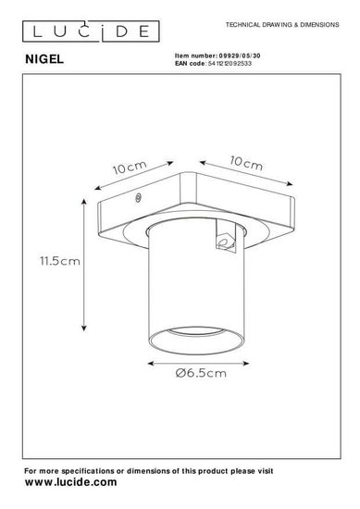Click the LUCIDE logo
coord(91,31)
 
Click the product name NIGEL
coord(44,59)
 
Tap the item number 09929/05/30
coord(240,56)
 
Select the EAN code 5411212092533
coord(230,63)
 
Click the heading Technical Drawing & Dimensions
coord(282,25)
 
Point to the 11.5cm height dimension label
coord(60,261)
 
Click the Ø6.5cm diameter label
coord(201,373)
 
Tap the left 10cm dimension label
coord(130,168)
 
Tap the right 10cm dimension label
coord(246,163)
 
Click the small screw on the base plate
coord(138,198)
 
